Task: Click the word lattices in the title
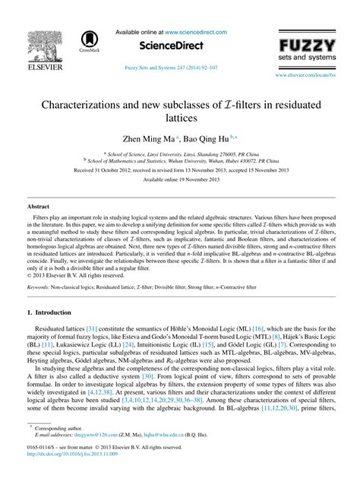point(179,119)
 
